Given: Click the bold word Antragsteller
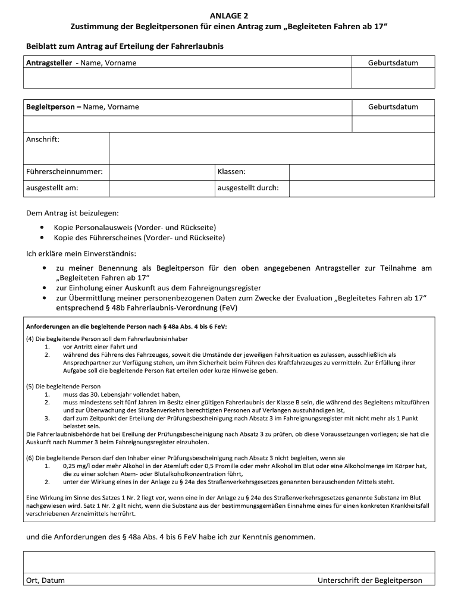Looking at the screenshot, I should (48, 63).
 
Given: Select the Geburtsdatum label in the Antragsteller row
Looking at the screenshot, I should (393, 63).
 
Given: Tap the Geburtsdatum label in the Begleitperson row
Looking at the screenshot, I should (393, 107).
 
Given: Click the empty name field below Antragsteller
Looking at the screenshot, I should (187, 79).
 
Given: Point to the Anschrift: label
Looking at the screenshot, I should (43, 140).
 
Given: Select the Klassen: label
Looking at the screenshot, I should (231, 172).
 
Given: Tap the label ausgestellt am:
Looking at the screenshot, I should (52, 188).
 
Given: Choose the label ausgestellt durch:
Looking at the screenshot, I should (248, 188).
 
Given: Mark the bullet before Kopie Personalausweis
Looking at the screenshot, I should (42, 228).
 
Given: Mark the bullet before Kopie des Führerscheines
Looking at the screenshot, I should (42, 238).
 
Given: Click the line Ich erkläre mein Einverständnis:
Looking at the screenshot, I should (81, 253).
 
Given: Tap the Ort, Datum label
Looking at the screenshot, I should (45, 580).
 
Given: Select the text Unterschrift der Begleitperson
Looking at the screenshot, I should (369, 580).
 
